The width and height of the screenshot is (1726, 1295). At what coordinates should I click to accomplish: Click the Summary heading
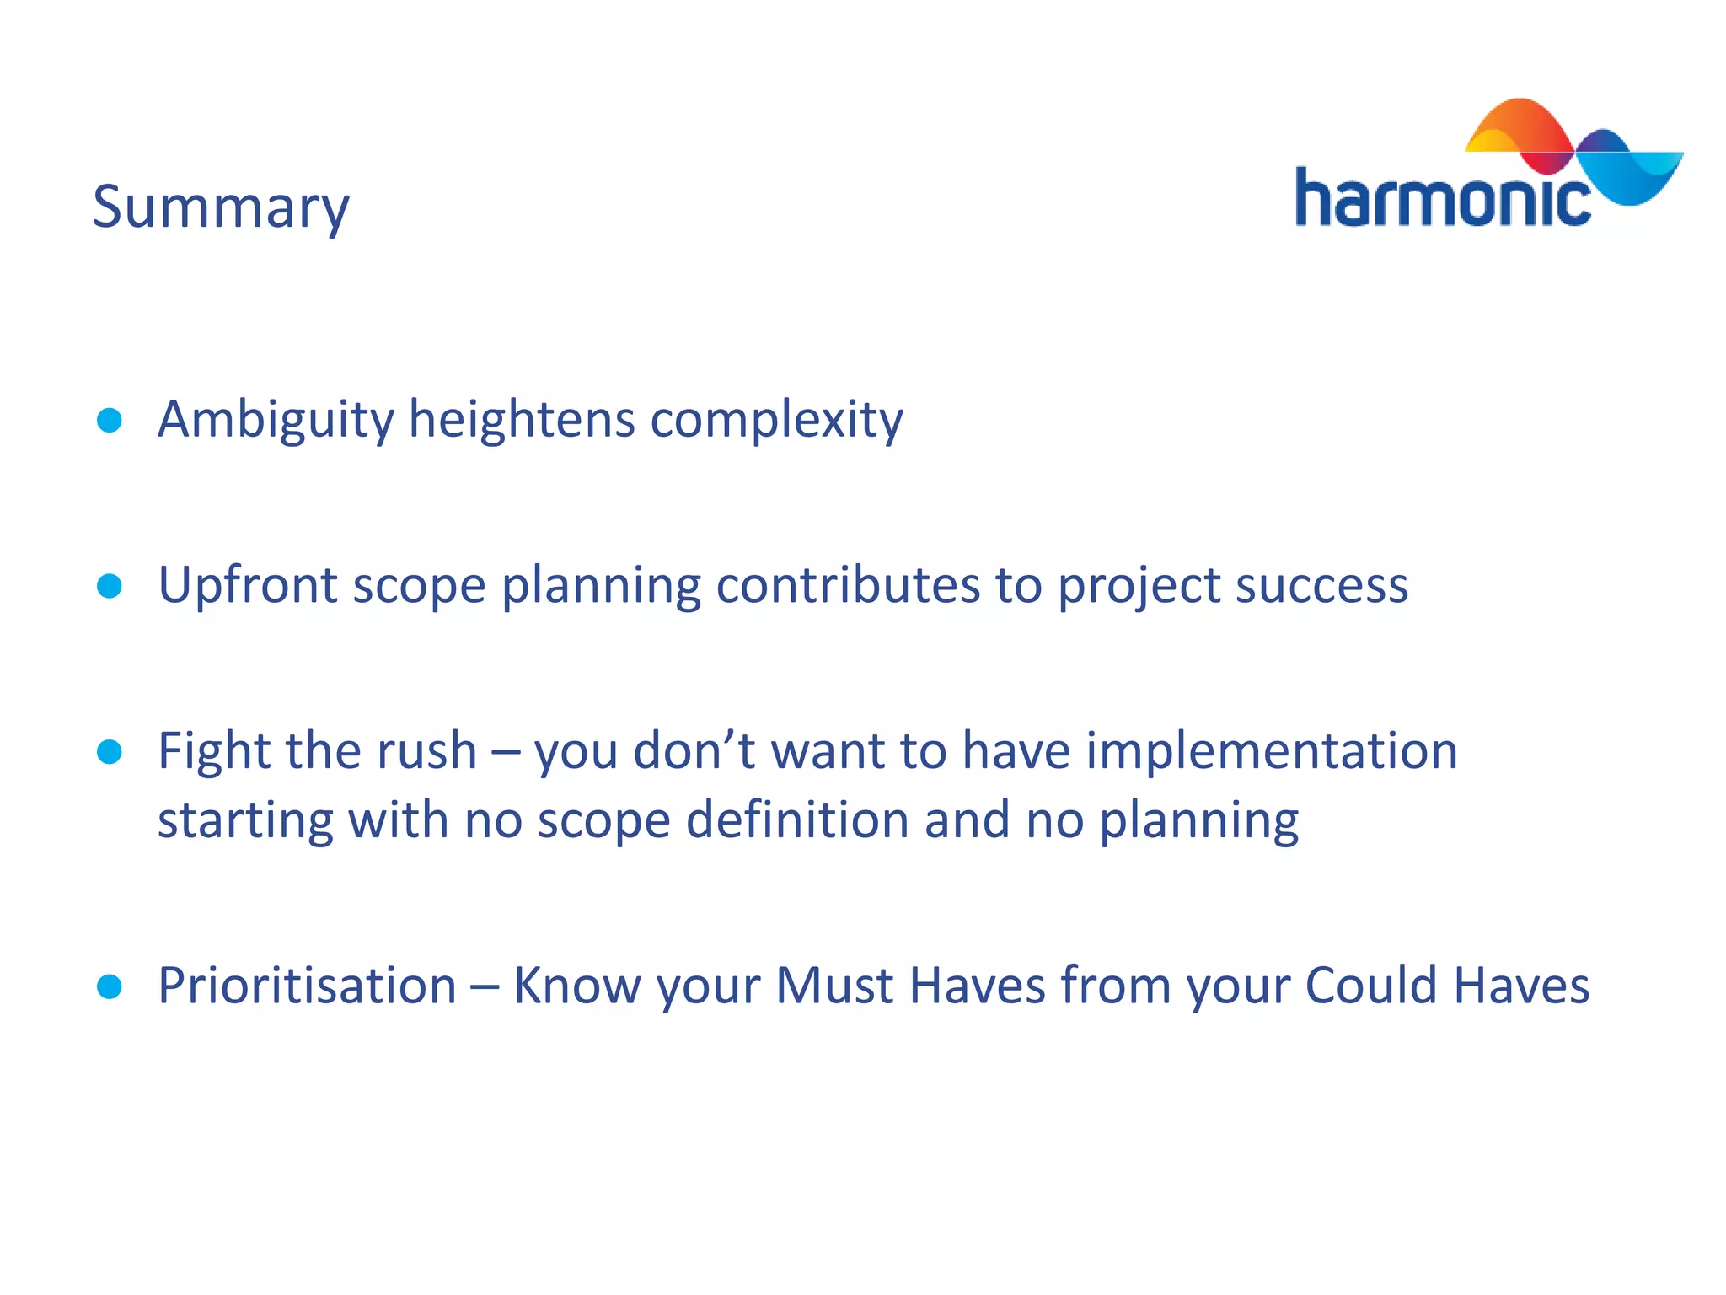click(x=221, y=207)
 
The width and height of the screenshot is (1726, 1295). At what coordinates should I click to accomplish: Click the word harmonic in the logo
click(x=1441, y=199)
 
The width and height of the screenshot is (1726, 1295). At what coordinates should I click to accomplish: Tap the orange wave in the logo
click(x=1517, y=126)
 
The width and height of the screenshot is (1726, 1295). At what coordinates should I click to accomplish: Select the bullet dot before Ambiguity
click(x=110, y=420)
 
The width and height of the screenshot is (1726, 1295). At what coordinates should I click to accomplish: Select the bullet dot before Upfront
click(x=110, y=585)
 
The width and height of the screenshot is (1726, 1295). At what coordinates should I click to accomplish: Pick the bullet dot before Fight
click(x=110, y=751)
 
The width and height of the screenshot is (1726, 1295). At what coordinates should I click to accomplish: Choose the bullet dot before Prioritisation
click(x=110, y=986)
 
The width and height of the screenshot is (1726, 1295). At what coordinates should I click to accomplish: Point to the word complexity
click(x=776, y=420)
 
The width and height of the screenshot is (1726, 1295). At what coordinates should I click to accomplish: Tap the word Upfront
click(x=247, y=585)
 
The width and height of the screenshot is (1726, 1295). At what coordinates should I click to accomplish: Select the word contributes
click(x=848, y=584)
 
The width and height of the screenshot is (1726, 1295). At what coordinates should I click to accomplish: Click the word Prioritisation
click(x=308, y=985)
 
